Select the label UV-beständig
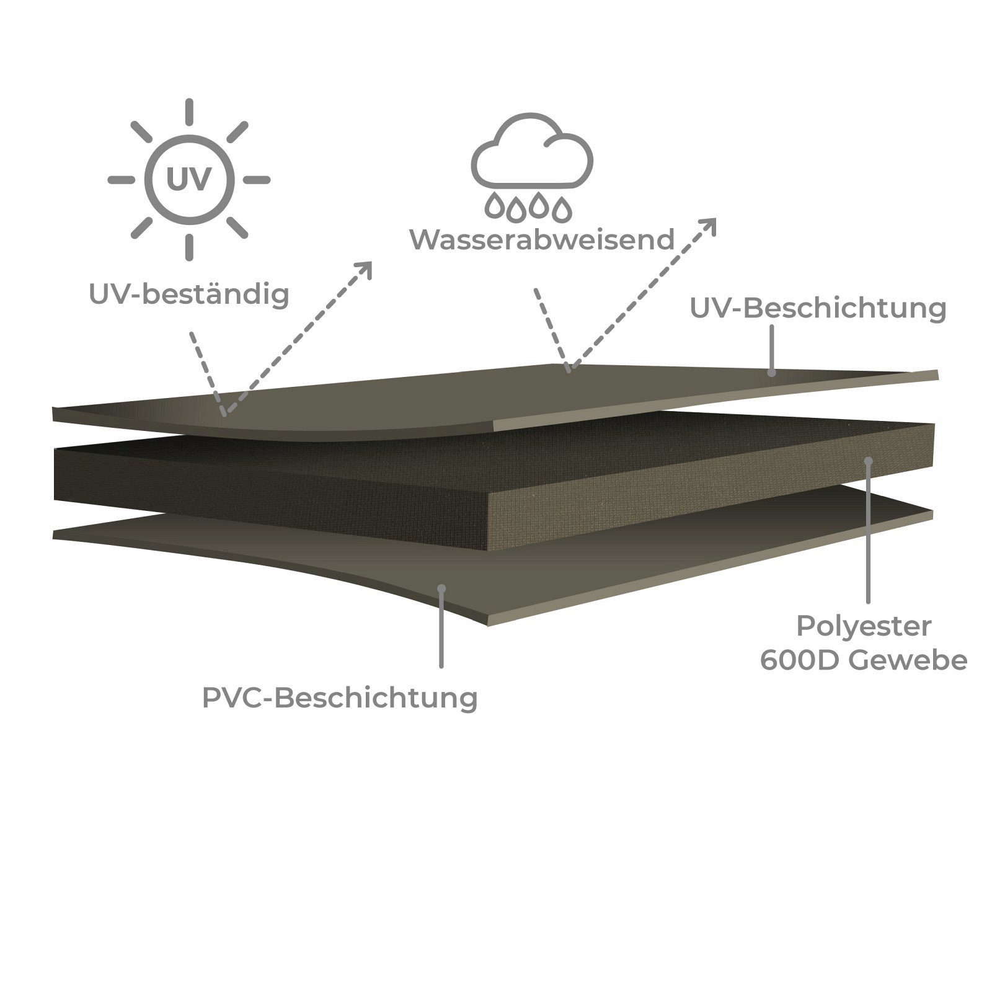point(189,294)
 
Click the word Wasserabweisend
point(542,239)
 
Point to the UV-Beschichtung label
point(818,309)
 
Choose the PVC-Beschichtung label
point(340,697)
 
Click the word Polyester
point(864,626)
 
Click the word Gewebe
point(908,661)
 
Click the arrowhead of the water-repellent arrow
point(709,226)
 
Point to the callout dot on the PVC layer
point(441,588)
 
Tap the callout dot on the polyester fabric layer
point(869,461)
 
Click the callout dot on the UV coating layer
point(771,372)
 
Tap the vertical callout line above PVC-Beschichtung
point(441,627)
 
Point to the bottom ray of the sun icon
point(189,246)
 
